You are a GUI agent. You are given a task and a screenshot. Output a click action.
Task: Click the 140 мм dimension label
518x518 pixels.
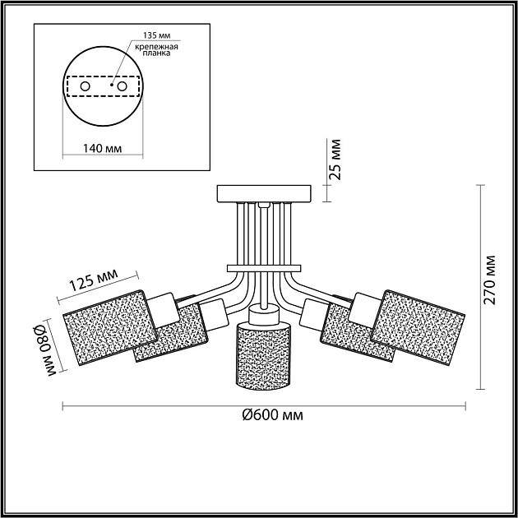pyautogui.click(x=102, y=148)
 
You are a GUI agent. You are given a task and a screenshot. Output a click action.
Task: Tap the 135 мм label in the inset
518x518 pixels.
pyautogui.click(x=156, y=35)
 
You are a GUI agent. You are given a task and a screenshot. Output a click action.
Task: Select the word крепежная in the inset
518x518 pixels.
pyautogui.click(x=156, y=47)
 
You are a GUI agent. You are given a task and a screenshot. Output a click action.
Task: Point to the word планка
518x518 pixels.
pyautogui.click(x=156, y=53)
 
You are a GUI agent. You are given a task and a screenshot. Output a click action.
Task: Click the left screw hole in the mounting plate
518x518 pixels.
pyautogui.click(x=85, y=86)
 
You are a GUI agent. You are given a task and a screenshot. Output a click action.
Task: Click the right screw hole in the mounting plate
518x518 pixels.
pyautogui.click(x=122, y=86)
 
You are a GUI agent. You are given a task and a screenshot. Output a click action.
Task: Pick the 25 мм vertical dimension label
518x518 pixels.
pyautogui.click(x=336, y=160)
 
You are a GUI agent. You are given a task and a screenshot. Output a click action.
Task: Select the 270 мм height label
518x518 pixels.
pyautogui.click(x=490, y=280)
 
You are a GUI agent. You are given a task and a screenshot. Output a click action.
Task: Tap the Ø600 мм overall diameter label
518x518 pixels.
pyautogui.click(x=272, y=415)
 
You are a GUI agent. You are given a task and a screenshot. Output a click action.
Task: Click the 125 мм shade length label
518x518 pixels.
pyautogui.click(x=94, y=280)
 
